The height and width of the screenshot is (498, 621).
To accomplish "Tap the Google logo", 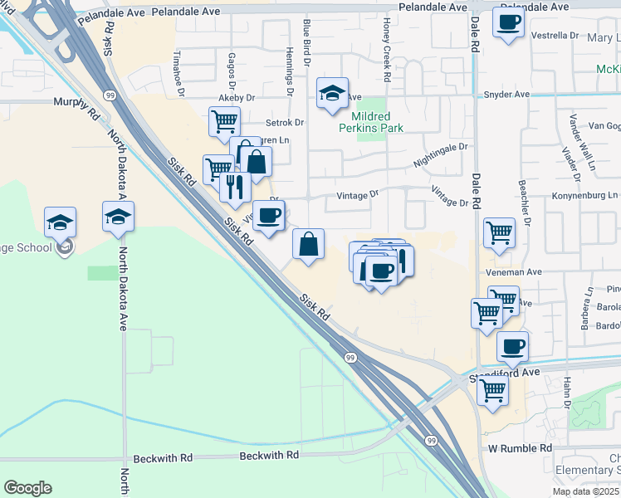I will coord(27,488).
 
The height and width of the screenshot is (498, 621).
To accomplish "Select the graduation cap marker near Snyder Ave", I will coord(332,93).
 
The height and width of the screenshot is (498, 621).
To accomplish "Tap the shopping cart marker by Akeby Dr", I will coord(224,121).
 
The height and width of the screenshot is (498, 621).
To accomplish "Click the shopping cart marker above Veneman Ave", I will coord(498,232).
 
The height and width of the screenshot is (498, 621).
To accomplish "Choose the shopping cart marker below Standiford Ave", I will coord(493,390).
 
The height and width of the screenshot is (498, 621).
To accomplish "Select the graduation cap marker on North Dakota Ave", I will coord(118,217).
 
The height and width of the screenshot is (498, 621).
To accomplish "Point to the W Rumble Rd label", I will coord(520,448).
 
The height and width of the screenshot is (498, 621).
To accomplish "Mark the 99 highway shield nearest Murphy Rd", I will coord(110,96).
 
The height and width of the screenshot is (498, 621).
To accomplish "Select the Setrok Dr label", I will coord(288,122).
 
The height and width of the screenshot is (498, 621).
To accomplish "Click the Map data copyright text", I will coord(586,491).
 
